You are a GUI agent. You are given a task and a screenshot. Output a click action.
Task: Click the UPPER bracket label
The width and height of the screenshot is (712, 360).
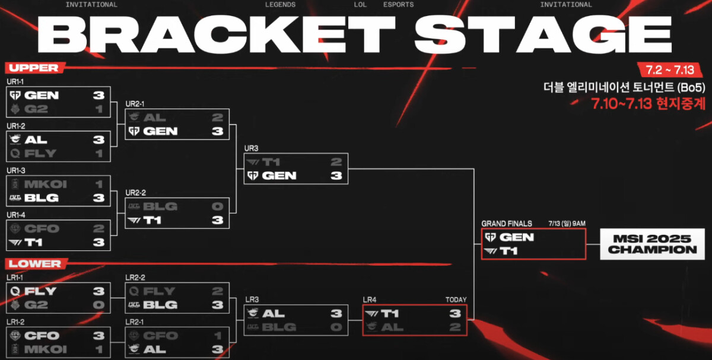click(x=33, y=68)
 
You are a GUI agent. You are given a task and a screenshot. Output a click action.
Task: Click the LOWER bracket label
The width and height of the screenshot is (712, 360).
click(x=34, y=263)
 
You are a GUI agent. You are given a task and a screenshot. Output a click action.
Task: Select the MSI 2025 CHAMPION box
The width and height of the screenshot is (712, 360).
click(x=652, y=244)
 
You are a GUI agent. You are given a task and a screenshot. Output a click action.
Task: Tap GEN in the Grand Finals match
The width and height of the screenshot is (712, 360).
click(x=517, y=237)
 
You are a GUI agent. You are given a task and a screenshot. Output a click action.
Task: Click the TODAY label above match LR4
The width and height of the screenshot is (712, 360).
click(x=456, y=300)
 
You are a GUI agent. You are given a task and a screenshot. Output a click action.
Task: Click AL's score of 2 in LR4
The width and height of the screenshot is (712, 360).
click(x=454, y=327)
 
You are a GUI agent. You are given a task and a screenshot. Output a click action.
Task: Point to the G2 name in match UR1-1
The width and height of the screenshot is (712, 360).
click(x=36, y=109)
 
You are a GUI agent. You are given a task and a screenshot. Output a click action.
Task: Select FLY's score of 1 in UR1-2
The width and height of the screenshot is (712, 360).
click(x=98, y=154)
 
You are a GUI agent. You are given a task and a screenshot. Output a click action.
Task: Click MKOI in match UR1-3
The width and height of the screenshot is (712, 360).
click(x=45, y=184)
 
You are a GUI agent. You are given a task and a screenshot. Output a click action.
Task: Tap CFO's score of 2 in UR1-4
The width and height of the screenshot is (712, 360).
click(x=98, y=228)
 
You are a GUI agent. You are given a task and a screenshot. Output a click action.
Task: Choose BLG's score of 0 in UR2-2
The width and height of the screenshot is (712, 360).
click(x=217, y=206)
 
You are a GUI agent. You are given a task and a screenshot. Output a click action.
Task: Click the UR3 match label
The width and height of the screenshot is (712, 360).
click(x=251, y=148)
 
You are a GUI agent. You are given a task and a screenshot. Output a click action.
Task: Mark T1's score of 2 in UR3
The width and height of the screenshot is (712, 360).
click(x=336, y=162)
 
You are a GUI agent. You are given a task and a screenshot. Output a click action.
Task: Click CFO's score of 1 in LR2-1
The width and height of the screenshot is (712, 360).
click(x=217, y=336)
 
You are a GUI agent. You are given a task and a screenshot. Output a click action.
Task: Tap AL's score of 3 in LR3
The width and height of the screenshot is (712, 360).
click(x=336, y=313)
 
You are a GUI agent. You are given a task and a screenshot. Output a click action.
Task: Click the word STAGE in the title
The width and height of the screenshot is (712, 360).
click(x=542, y=34)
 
